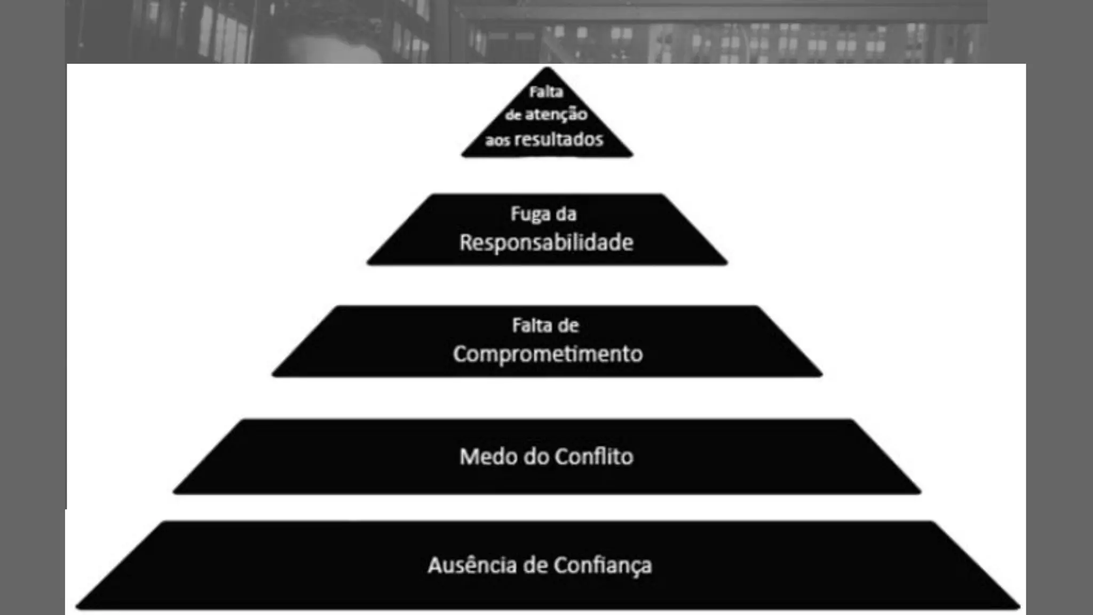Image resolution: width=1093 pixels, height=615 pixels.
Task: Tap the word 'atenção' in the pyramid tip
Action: point(556,114)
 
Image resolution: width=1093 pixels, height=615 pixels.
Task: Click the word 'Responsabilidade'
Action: point(546,242)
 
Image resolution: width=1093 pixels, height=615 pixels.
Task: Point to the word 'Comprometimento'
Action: point(548,354)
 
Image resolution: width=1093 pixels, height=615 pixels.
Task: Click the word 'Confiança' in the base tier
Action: point(603,566)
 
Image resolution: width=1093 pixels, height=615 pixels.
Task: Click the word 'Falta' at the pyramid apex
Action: point(546,92)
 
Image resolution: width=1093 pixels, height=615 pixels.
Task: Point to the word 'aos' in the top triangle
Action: point(497,140)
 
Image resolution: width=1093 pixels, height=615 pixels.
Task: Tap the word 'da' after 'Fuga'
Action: point(566,214)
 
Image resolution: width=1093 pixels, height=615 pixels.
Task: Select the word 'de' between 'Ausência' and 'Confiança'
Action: point(535,565)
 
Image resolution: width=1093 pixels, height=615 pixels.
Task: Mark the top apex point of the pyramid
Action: point(547,67)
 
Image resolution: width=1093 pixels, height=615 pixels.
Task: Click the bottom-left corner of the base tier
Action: point(78,607)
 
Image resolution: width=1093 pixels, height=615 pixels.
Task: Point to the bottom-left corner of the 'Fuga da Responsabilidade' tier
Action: point(369,262)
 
